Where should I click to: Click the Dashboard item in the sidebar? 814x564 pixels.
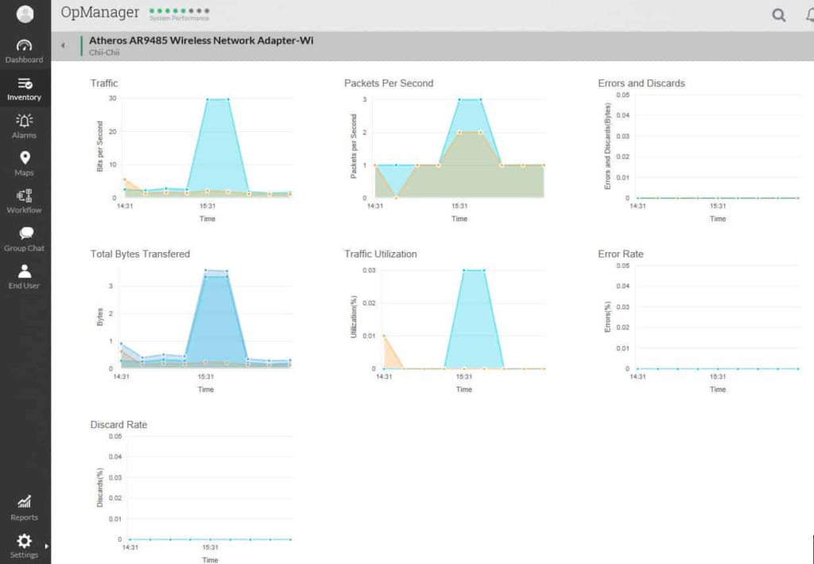point(25,51)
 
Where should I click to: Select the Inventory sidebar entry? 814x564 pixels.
point(25,88)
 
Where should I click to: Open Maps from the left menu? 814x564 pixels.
point(25,163)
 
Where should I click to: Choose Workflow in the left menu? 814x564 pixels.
point(25,200)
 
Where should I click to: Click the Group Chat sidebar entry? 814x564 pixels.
point(25,238)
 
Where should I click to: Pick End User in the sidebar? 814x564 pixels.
point(25,276)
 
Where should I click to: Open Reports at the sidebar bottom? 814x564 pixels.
point(25,507)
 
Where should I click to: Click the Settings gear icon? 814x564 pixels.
point(25,540)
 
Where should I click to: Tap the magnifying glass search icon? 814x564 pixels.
point(779,15)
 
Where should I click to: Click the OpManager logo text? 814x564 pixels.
point(100,13)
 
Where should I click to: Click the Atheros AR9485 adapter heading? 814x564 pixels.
point(201,40)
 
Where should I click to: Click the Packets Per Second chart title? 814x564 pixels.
point(389,83)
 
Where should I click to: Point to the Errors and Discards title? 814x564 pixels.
point(641,83)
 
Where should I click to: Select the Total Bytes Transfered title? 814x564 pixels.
point(140,254)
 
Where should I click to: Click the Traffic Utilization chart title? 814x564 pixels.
point(380,254)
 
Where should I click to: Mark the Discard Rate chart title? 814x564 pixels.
point(118,425)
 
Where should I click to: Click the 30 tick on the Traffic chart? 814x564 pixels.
point(113,99)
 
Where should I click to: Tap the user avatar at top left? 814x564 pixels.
point(25,14)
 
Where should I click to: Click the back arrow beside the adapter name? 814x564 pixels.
point(63,45)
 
